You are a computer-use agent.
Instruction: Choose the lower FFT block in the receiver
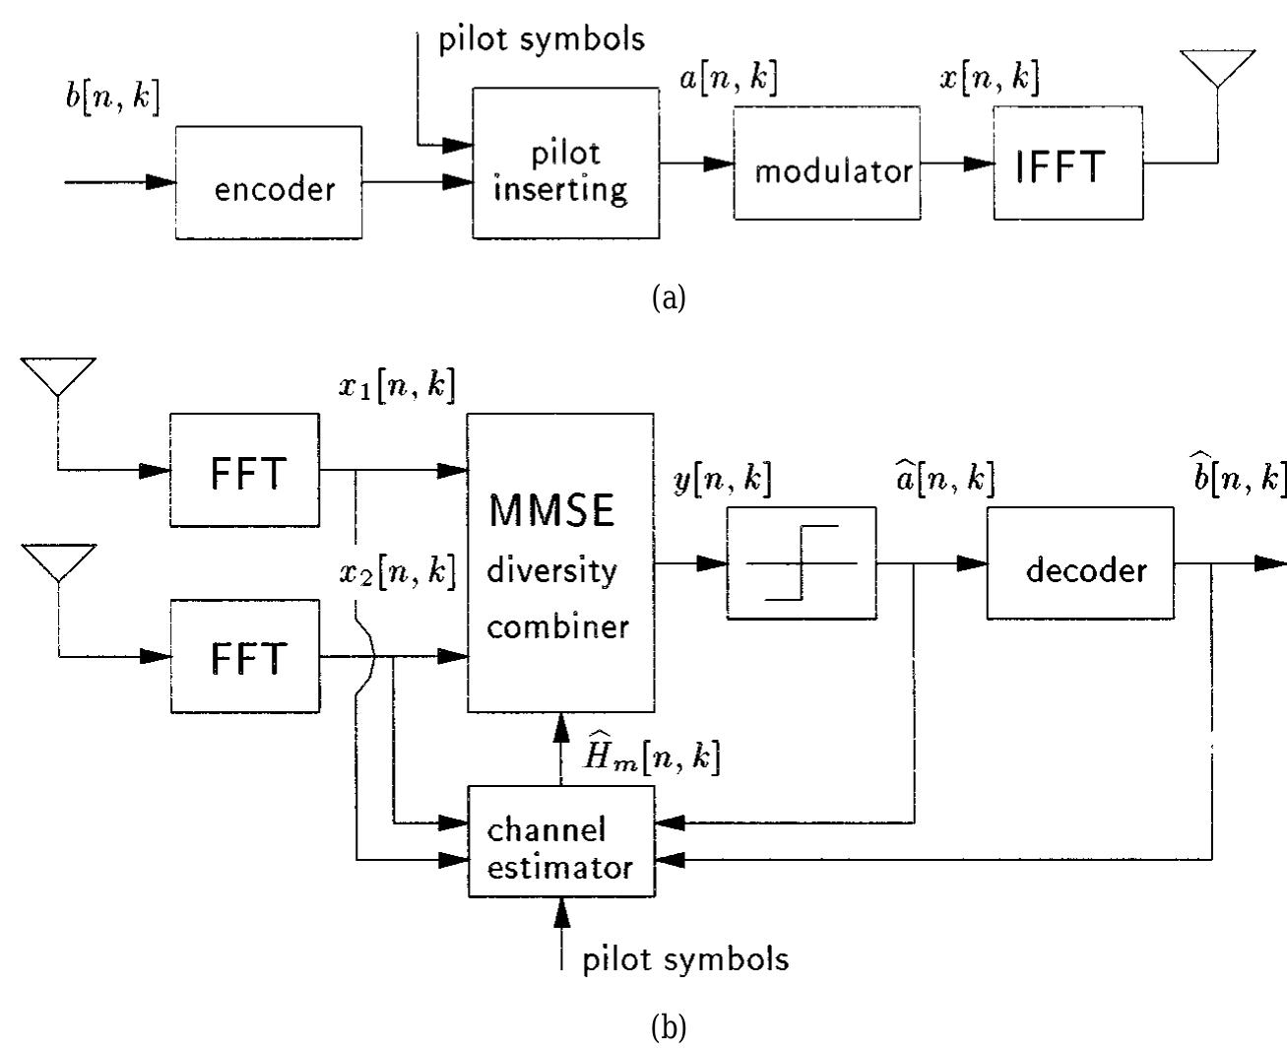(244, 655)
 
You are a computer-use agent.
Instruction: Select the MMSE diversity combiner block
(559, 562)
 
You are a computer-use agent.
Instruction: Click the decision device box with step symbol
(801, 562)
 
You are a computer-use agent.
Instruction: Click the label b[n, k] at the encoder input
(109, 99)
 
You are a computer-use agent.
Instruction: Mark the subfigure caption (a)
(669, 297)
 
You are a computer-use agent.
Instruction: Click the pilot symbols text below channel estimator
(685, 958)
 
